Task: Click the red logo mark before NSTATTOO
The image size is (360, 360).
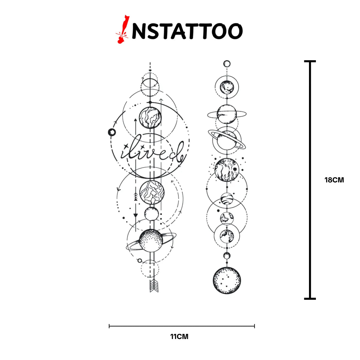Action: point(122,29)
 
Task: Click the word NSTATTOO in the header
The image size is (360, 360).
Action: point(187,31)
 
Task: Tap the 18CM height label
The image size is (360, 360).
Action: point(334,180)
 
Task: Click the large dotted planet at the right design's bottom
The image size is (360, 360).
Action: point(226,280)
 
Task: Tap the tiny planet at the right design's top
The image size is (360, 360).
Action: point(227,64)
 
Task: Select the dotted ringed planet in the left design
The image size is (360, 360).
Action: point(151,240)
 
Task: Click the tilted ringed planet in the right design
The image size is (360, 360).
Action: point(227,139)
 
